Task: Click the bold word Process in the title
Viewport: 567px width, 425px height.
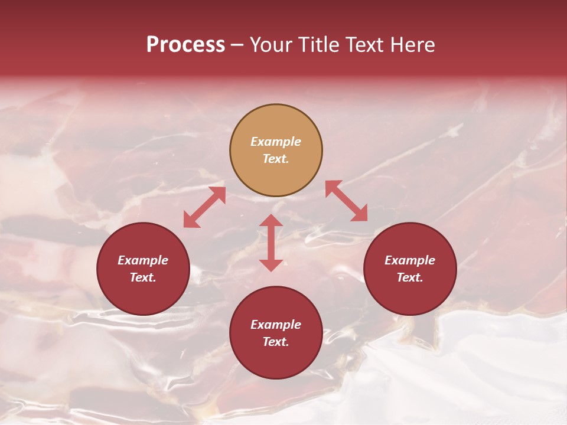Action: (x=185, y=45)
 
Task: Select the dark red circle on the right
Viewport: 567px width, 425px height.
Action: (x=410, y=292)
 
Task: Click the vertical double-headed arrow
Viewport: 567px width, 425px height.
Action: (x=271, y=243)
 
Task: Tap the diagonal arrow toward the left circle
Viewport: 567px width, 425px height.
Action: (x=204, y=207)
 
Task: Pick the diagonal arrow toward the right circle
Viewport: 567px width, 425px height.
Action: (x=346, y=201)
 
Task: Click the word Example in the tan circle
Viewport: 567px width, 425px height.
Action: (x=276, y=142)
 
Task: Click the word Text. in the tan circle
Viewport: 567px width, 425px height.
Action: (x=276, y=159)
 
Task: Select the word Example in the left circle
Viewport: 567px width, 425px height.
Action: (x=143, y=260)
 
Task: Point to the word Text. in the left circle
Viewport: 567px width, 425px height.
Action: (x=143, y=277)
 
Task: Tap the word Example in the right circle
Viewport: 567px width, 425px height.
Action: (x=410, y=260)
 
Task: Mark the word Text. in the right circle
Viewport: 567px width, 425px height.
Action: (x=410, y=277)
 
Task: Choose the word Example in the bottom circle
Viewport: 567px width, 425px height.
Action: (x=276, y=325)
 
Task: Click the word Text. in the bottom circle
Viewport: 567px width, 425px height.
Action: (x=276, y=342)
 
